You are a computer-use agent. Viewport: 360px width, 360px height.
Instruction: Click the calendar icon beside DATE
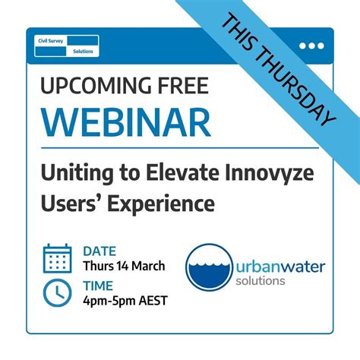coord(57,258)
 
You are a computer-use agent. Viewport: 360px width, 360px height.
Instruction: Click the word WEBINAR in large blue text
coord(126,121)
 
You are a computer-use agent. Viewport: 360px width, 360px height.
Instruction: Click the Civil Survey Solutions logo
coord(68,46)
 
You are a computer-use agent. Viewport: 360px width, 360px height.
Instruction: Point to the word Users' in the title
coord(71,203)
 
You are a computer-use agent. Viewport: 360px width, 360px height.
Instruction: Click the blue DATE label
coord(99,249)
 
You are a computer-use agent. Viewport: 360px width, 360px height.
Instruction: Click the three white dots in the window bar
coord(311,46)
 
